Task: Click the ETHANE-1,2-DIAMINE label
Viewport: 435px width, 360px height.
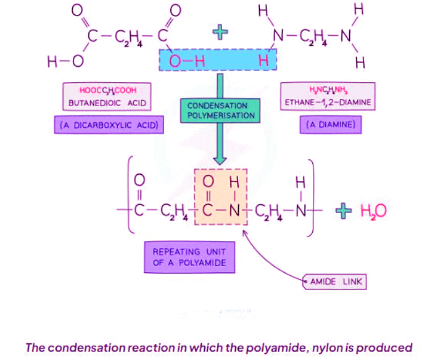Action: (327, 103)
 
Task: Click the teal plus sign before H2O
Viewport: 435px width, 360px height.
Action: (345, 211)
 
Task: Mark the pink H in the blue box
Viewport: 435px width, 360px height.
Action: (263, 61)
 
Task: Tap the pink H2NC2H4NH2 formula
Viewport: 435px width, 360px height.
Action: (327, 90)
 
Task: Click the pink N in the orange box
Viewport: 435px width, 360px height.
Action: (233, 211)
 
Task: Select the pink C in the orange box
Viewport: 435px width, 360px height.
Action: (209, 211)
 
